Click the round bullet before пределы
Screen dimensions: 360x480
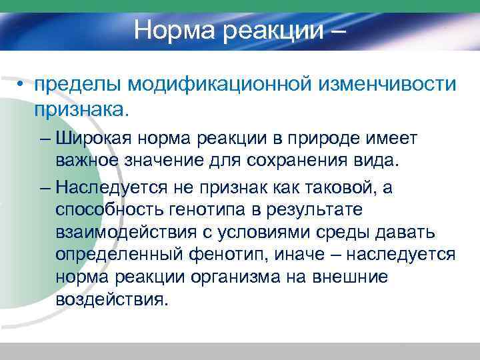pyautogui.click(x=22, y=85)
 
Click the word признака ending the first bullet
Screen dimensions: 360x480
pyautogui.click(x=80, y=109)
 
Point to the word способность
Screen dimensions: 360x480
pyautogui.click(x=106, y=211)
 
